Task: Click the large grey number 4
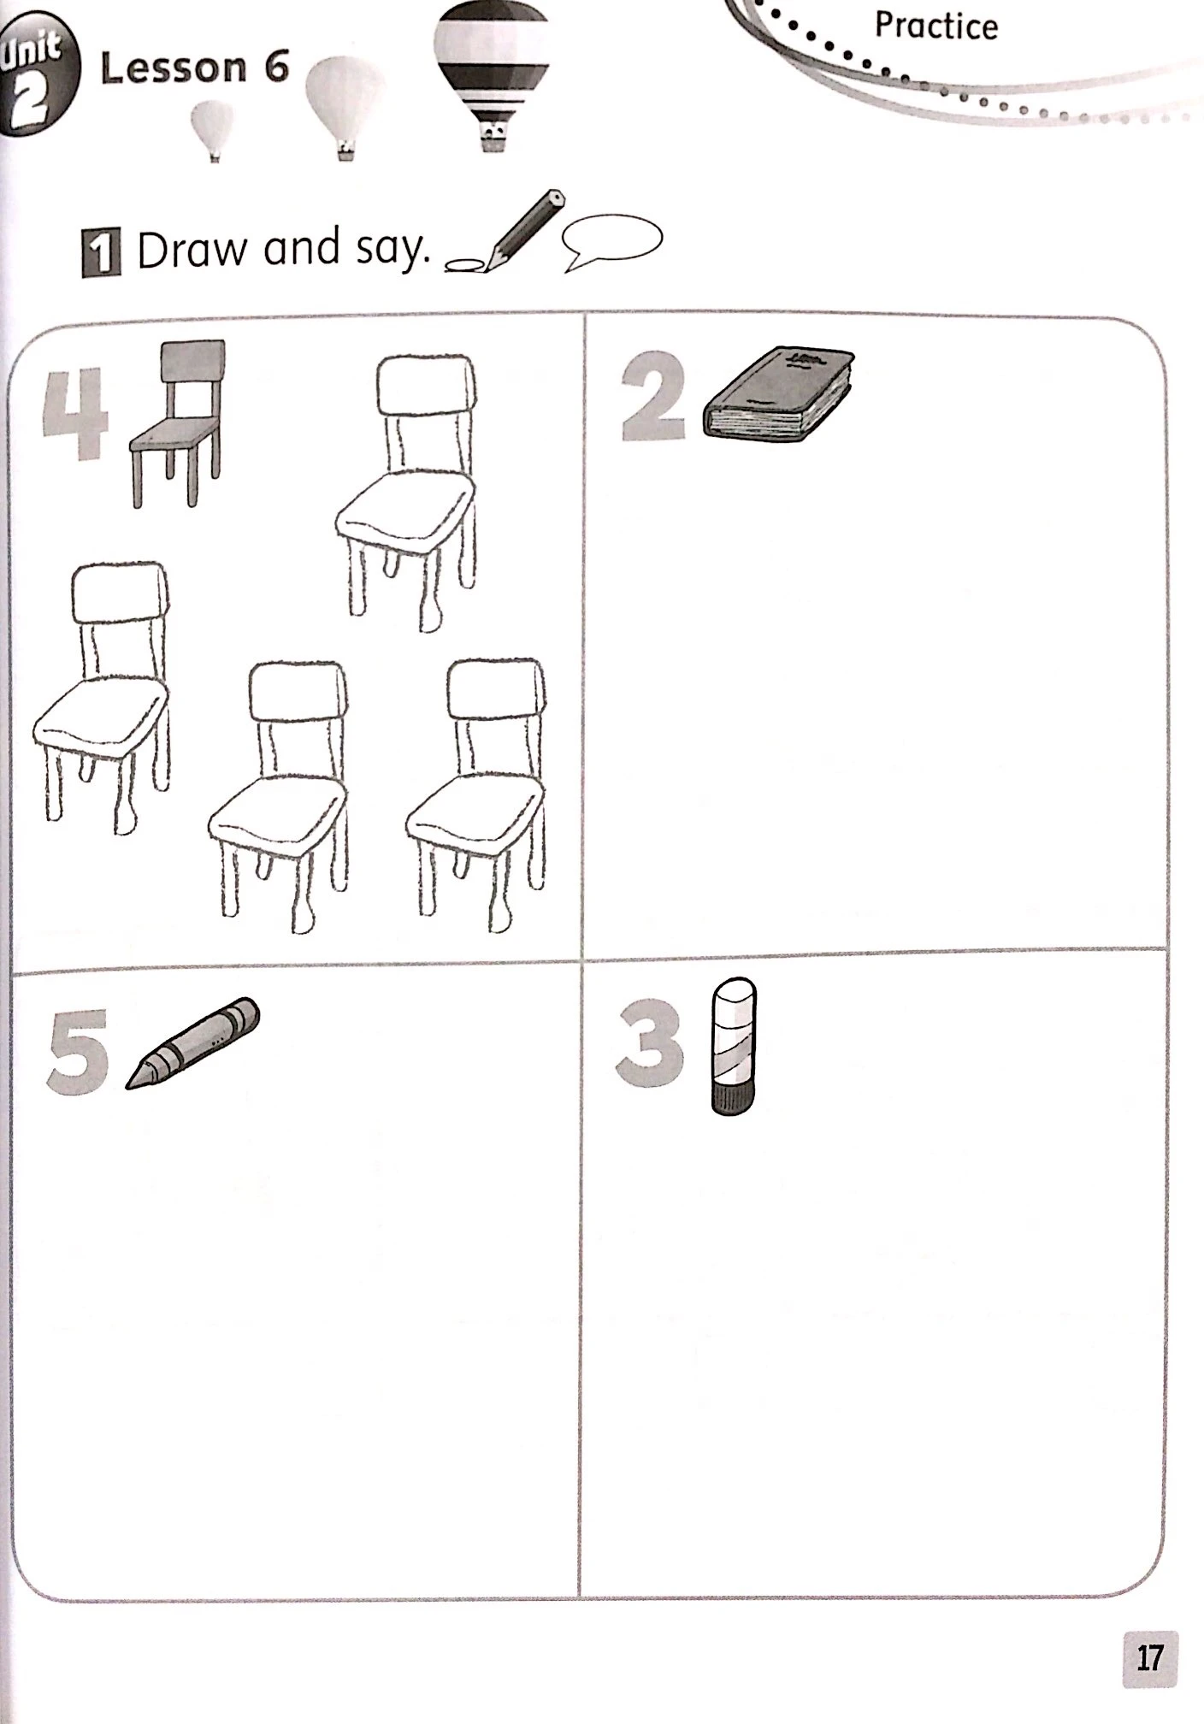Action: pyautogui.click(x=75, y=414)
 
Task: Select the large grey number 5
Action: pyautogui.click(x=78, y=1050)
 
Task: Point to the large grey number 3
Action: pyautogui.click(x=650, y=1044)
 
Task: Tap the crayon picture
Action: pyautogui.click(x=192, y=1042)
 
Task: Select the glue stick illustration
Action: pyautogui.click(x=734, y=1047)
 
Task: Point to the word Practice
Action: pyautogui.click(x=935, y=26)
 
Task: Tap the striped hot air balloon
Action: pyautogui.click(x=490, y=73)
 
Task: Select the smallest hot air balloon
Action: pyautogui.click(x=212, y=129)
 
